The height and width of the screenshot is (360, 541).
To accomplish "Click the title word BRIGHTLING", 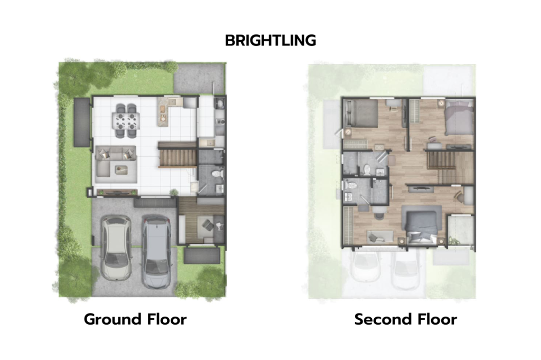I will point(270,41).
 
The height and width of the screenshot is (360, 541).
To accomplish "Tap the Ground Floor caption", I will point(135,319).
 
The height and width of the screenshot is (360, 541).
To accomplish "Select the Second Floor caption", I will point(405,319).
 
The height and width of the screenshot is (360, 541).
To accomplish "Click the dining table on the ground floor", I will point(126,121).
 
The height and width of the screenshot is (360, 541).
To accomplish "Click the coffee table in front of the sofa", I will point(122,169).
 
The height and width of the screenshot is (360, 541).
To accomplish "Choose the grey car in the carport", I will point(157,253).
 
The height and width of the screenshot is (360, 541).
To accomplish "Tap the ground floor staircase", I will point(177,157).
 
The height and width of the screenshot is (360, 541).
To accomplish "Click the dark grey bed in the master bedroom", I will point(422,225).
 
